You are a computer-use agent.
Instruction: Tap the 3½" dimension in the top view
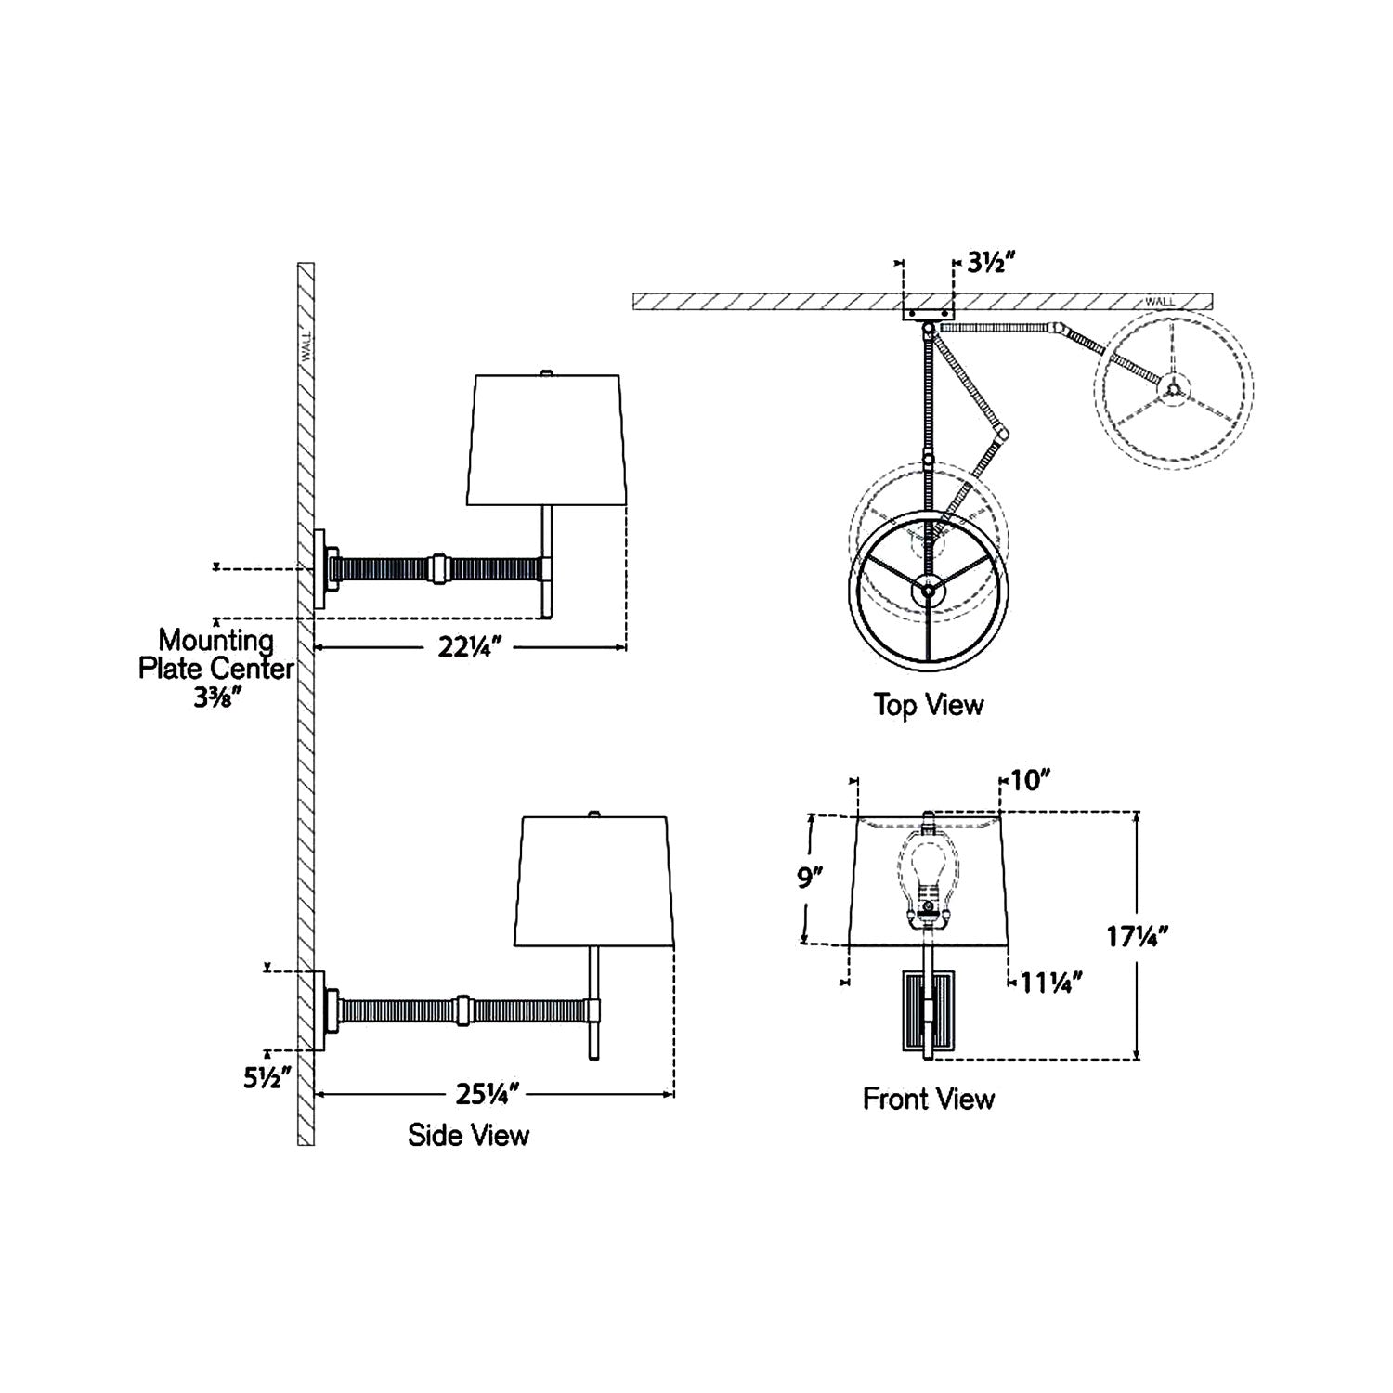[987, 262]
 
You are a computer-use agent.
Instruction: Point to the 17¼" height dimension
[1136, 936]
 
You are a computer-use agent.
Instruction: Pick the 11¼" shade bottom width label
[1051, 982]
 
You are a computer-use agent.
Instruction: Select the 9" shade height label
[810, 878]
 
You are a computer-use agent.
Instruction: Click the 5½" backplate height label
[267, 1078]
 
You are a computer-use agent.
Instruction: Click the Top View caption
[928, 705]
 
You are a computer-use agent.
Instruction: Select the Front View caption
[928, 1099]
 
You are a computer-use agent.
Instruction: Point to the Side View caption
[468, 1134]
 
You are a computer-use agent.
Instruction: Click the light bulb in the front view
[925, 873]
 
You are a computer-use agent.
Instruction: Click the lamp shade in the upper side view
[546, 440]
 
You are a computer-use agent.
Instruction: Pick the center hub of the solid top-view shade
[927, 589]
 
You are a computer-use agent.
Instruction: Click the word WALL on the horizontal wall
[1159, 301]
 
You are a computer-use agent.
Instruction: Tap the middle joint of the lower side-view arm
[462, 1009]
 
